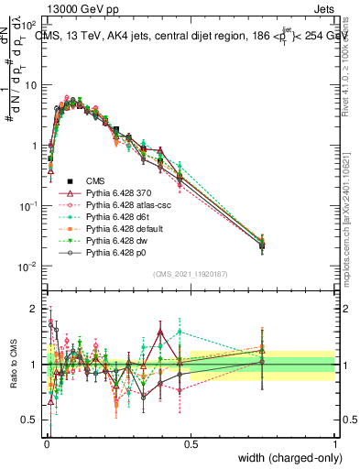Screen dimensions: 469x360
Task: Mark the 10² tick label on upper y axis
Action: (x=29, y=25)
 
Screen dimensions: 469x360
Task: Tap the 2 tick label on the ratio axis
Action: (x=33, y=308)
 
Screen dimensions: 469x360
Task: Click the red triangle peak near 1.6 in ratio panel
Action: (x=161, y=331)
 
